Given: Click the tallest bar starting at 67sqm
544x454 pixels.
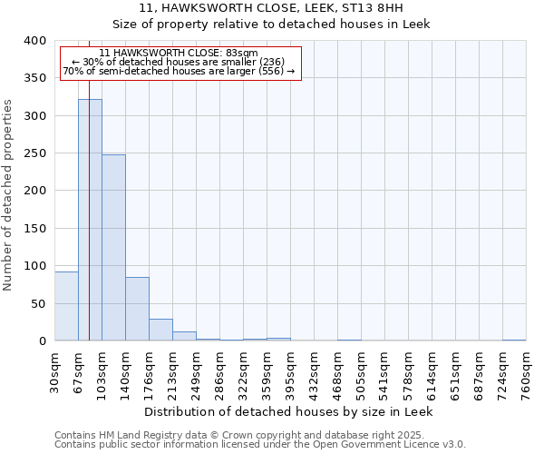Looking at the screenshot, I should click(x=90, y=220).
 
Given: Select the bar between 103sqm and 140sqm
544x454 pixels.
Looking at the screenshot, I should click(x=113, y=247).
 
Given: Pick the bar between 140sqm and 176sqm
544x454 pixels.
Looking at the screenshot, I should click(x=137, y=309).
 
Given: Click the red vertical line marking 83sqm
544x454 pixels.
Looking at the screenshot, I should click(x=89, y=182).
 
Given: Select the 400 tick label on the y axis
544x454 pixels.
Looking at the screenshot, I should click(x=34, y=41).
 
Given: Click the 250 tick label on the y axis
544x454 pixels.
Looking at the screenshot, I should click(x=34, y=153).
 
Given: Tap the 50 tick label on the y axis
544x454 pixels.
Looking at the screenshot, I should click(x=38, y=303).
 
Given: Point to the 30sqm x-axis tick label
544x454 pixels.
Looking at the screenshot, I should click(x=55, y=370).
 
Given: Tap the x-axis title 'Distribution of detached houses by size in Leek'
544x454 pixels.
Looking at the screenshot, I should click(x=289, y=411).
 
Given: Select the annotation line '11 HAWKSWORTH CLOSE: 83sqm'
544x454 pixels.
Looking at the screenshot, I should click(x=179, y=54).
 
